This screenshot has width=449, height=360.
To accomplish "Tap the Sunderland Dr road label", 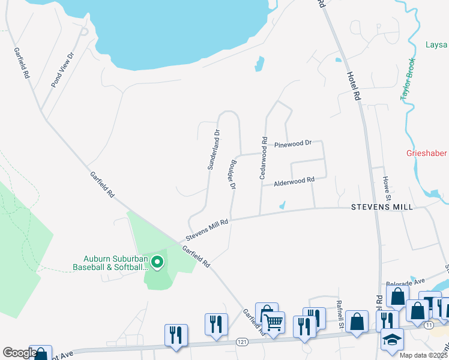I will click(x=214, y=149).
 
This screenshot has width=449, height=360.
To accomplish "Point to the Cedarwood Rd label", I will click(x=263, y=158).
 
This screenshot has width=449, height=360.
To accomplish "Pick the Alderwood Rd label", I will click(x=294, y=180).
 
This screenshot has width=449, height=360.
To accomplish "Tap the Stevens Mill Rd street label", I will click(x=207, y=230).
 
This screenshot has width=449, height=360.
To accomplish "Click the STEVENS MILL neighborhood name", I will click(x=382, y=206).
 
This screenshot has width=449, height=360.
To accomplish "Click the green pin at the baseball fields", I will click(x=157, y=262).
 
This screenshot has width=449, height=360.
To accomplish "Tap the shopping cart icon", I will click(x=273, y=322).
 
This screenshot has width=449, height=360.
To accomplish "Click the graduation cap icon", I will click(x=392, y=339).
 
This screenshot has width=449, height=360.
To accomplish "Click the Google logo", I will click(x=19, y=353).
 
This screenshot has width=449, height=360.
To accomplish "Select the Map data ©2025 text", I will click(x=421, y=355).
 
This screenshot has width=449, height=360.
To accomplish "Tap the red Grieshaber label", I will click(x=427, y=153).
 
